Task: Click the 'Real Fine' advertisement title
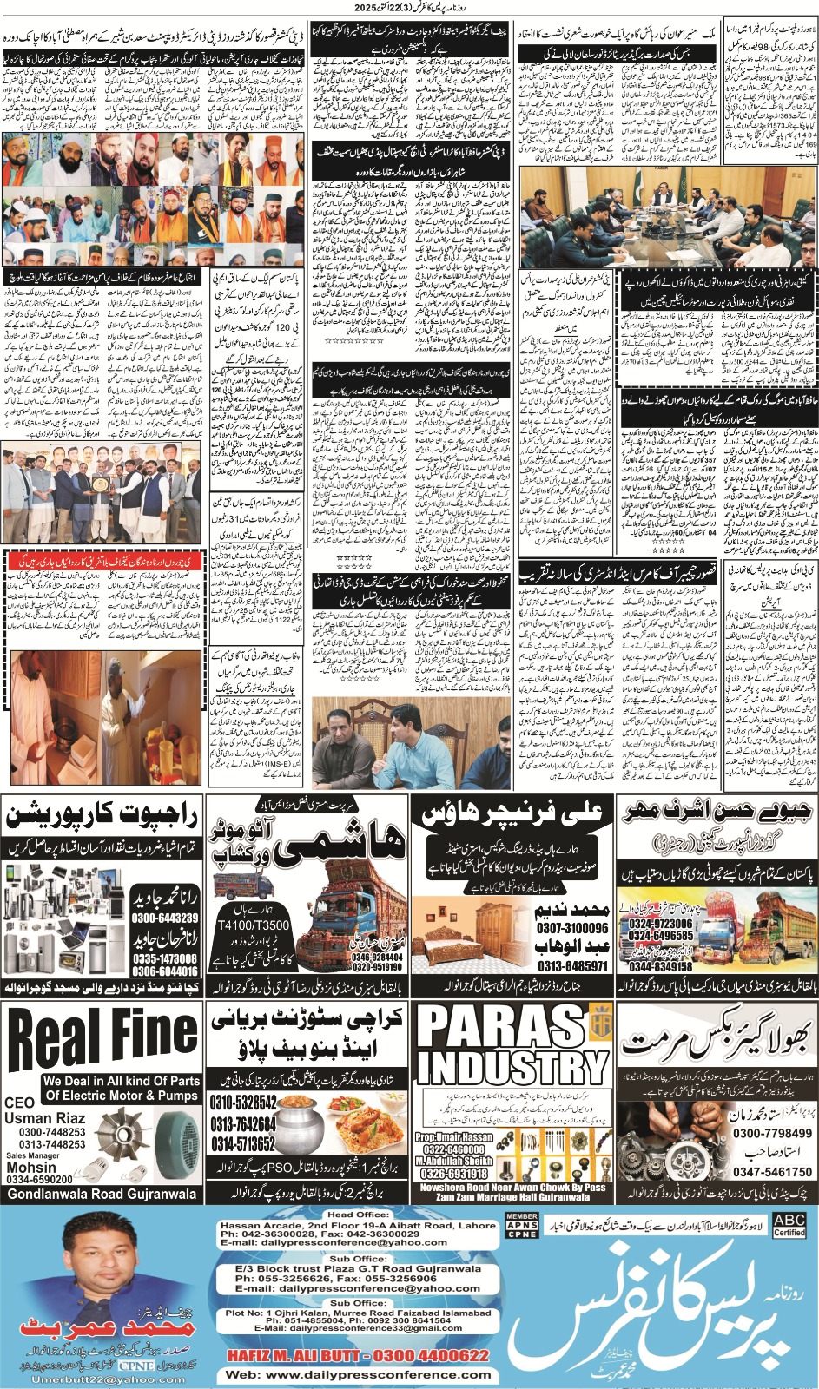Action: point(102,1036)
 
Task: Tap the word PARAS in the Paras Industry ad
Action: point(501,1028)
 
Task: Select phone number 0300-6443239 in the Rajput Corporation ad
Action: point(165,918)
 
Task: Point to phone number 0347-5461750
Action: point(772,1172)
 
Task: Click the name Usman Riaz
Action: point(44,1118)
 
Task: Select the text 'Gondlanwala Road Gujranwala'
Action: point(102,1194)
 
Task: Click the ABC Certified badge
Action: point(789,1225)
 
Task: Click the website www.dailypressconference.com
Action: point(358,1374)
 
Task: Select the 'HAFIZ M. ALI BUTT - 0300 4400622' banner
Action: point(358,1355)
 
